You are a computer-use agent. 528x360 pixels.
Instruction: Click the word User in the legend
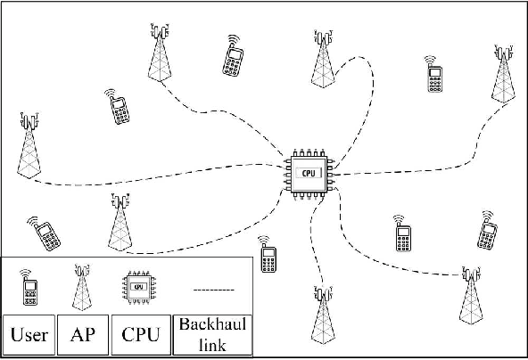tap(29, 335)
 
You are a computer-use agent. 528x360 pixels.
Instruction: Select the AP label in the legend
tap(83, 335)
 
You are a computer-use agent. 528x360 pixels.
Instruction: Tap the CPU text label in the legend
tap(140, 335)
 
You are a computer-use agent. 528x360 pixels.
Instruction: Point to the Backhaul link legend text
tap(211, 335)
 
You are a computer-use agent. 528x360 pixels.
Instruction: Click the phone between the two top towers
tap(234, 58)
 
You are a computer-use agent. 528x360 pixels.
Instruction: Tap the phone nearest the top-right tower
tap(435, 78)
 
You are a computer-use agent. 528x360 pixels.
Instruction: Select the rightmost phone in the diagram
tap(487, 232)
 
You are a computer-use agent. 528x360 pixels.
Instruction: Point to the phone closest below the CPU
tap(267, 257)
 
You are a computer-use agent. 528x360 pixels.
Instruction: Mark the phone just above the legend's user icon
tap(45, 234)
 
